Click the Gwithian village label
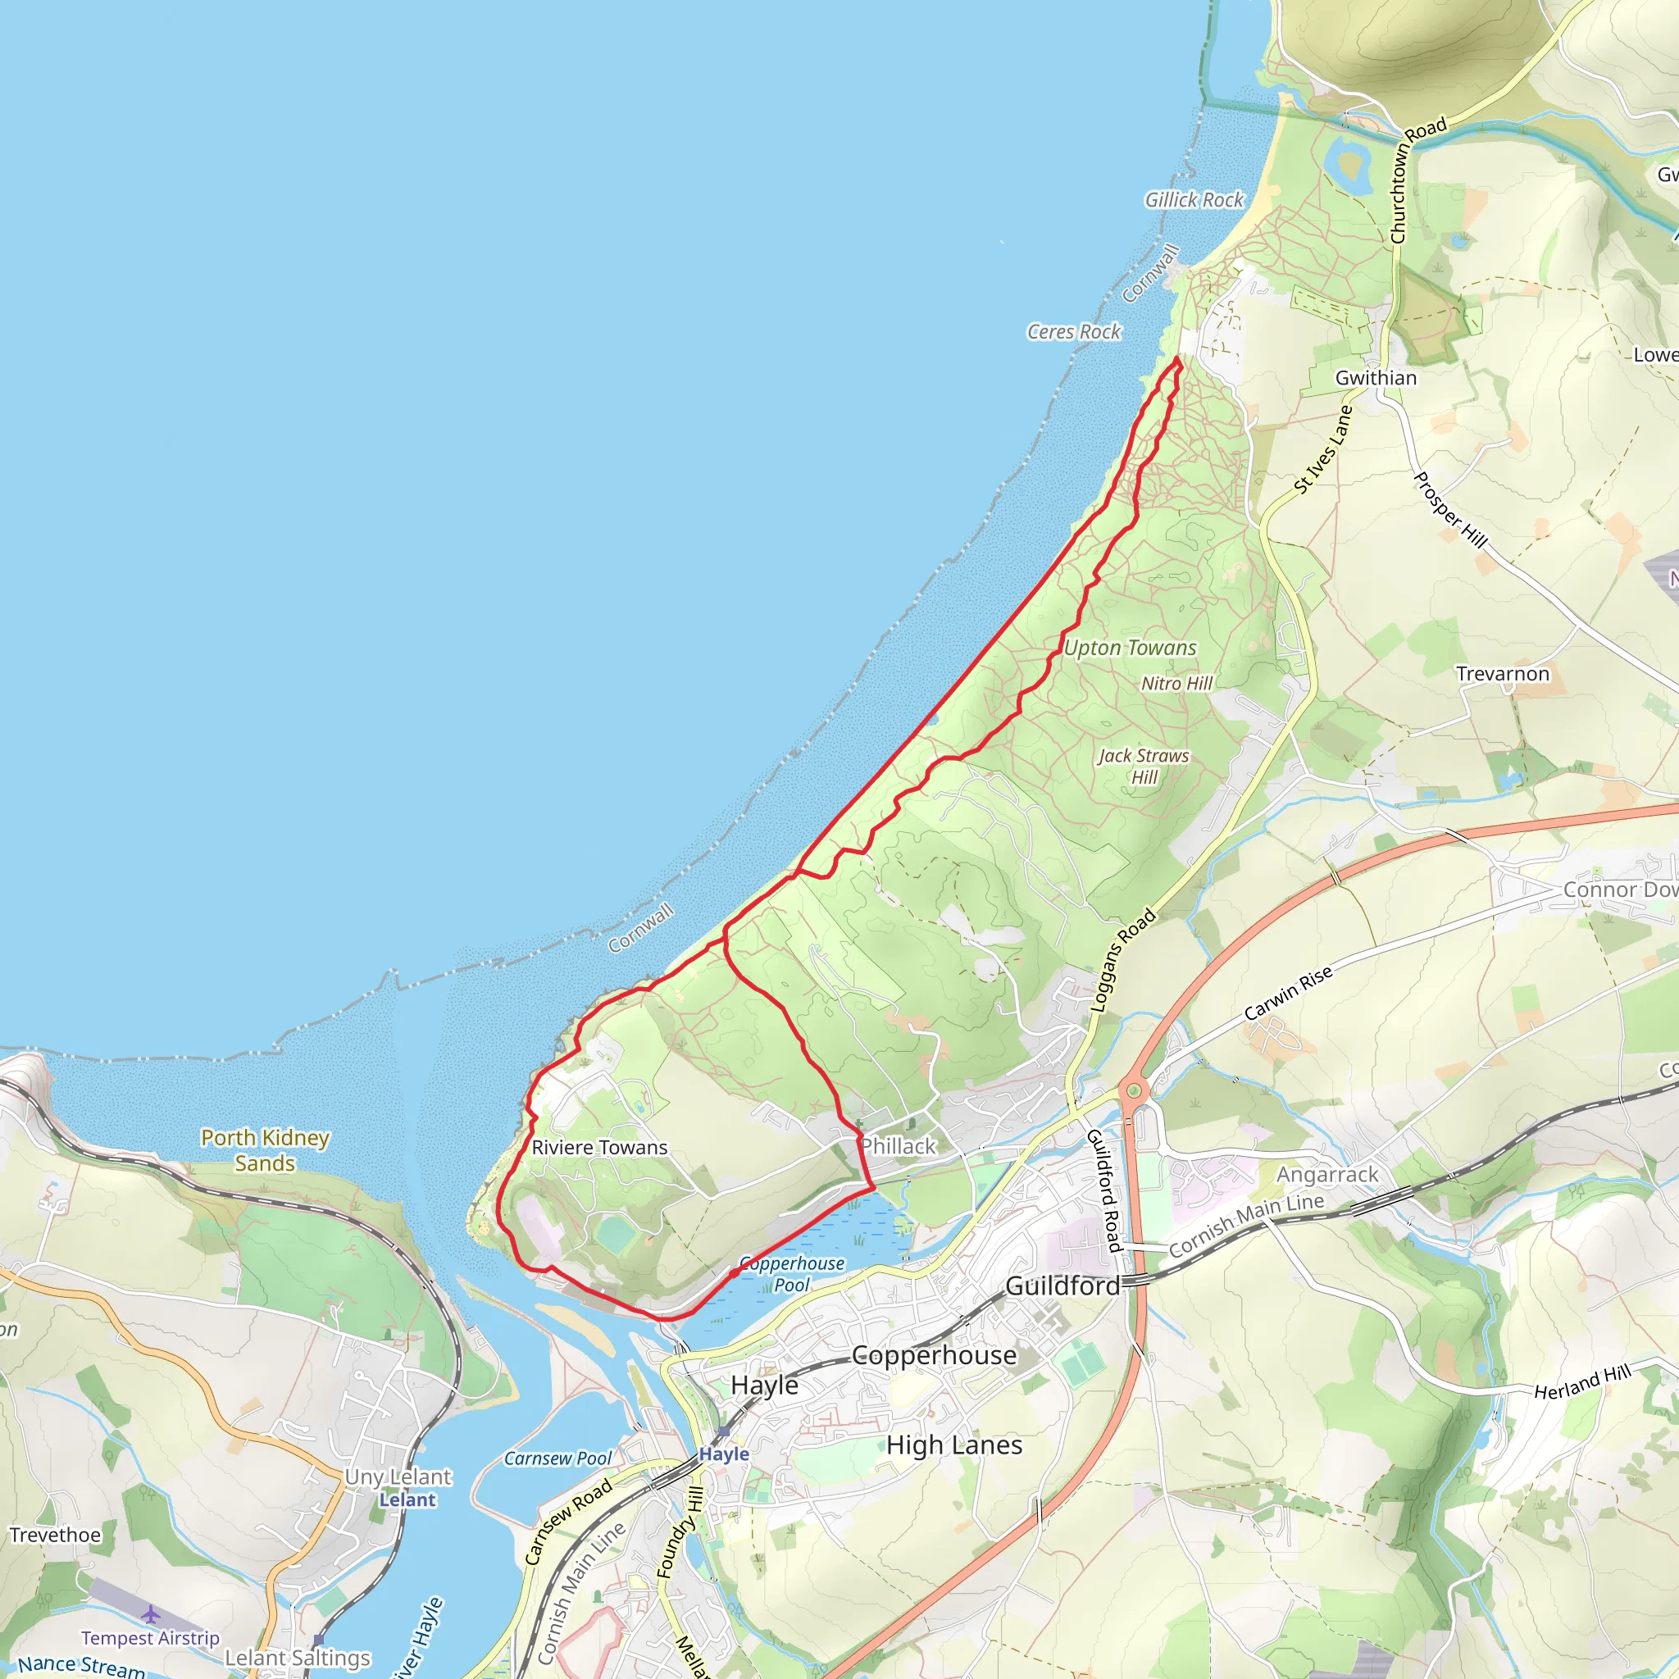1376,378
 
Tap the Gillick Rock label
1194,200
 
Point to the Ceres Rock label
1074,332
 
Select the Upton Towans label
1130,648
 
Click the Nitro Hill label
1176,684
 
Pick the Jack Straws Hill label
1144,767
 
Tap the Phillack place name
899,1147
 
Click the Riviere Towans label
599,1148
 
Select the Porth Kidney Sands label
265,1150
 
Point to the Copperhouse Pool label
792,1274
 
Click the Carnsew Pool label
558,1459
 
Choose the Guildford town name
1062,1286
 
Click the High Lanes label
954,1445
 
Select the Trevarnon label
1503,675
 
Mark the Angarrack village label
1327,1175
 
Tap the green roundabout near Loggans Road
1132,1090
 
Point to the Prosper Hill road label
1449,510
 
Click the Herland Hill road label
1582,1381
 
